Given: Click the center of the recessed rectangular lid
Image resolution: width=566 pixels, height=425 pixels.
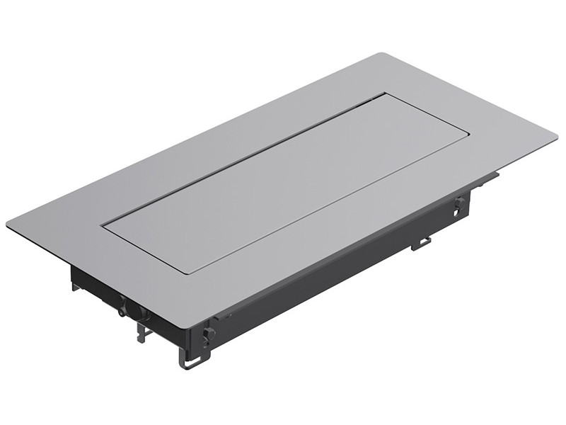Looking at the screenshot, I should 285,183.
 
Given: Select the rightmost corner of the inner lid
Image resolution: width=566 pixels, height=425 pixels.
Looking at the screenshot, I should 468,133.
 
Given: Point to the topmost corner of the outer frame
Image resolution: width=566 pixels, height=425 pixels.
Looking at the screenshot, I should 383,54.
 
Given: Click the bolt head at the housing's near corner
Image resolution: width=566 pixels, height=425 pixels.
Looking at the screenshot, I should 208,334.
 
